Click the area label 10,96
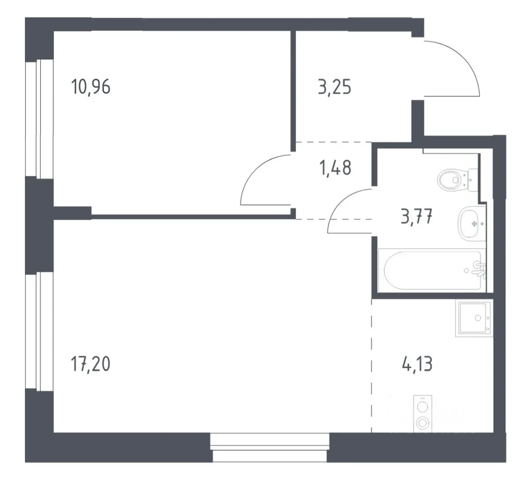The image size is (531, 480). tap(91, 87)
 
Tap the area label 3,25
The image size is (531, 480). tap(335, 87)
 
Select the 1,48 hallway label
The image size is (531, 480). tap(335, 168)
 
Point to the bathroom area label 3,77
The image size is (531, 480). tap(416, 216)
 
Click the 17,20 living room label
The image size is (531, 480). tap(91, 364)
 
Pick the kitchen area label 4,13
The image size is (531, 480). tap(417, 364)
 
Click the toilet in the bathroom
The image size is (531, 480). tap(457, 180)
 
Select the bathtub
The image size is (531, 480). tap(432, 270)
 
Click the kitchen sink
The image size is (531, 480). tap(474, 318)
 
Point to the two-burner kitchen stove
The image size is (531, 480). tap(422, 414)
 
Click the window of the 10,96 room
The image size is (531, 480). tap(40, 119)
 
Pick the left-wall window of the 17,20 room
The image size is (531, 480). tap(39, 331)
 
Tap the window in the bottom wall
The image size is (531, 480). tap(270, 448)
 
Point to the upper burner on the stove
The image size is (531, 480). tap(422, 406)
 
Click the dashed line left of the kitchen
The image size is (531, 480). tap(372, 366)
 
